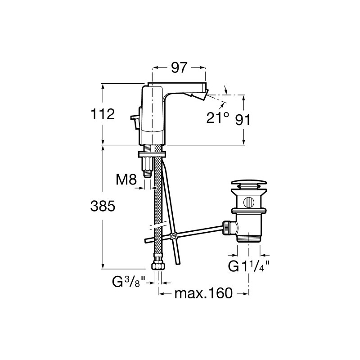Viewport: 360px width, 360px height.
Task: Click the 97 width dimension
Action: (x=179, y=67)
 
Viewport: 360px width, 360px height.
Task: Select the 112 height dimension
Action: (x=103, y=114)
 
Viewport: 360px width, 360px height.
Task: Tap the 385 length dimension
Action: (x=103, y=206)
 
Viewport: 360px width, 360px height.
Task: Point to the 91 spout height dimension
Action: (x=243, y=120)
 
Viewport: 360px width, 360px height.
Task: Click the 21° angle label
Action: (x=218, y=118)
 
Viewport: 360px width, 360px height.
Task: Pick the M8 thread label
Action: (x=126, y=179)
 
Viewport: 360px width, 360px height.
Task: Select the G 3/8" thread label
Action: (x=129, y=282)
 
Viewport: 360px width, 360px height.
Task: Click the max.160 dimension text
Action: (x=203, y=293)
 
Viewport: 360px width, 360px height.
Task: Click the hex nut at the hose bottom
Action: (x=158, y=266)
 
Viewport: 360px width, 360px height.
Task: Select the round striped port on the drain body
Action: (x=249, y=202)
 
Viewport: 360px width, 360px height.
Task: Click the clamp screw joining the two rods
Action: (x=173, y=236)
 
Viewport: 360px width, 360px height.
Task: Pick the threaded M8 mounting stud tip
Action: (x=147, y=173)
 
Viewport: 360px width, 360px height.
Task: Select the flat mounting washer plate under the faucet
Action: (x=152, y=154)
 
